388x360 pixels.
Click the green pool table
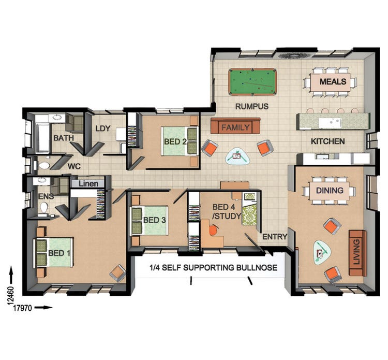click(x=252, y=82)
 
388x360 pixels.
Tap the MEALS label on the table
click(x=333, y=82)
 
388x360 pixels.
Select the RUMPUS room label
click(x=251, y=107)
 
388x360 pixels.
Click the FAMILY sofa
click(x=235, y=127)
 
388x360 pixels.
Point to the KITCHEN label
click(x=327, y=141)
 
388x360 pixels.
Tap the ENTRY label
click(x=274, y=237)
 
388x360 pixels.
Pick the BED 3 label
click(x=154, y=220)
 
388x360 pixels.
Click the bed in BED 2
click(x=180, y=141)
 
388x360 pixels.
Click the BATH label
click(x=64, y=138)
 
